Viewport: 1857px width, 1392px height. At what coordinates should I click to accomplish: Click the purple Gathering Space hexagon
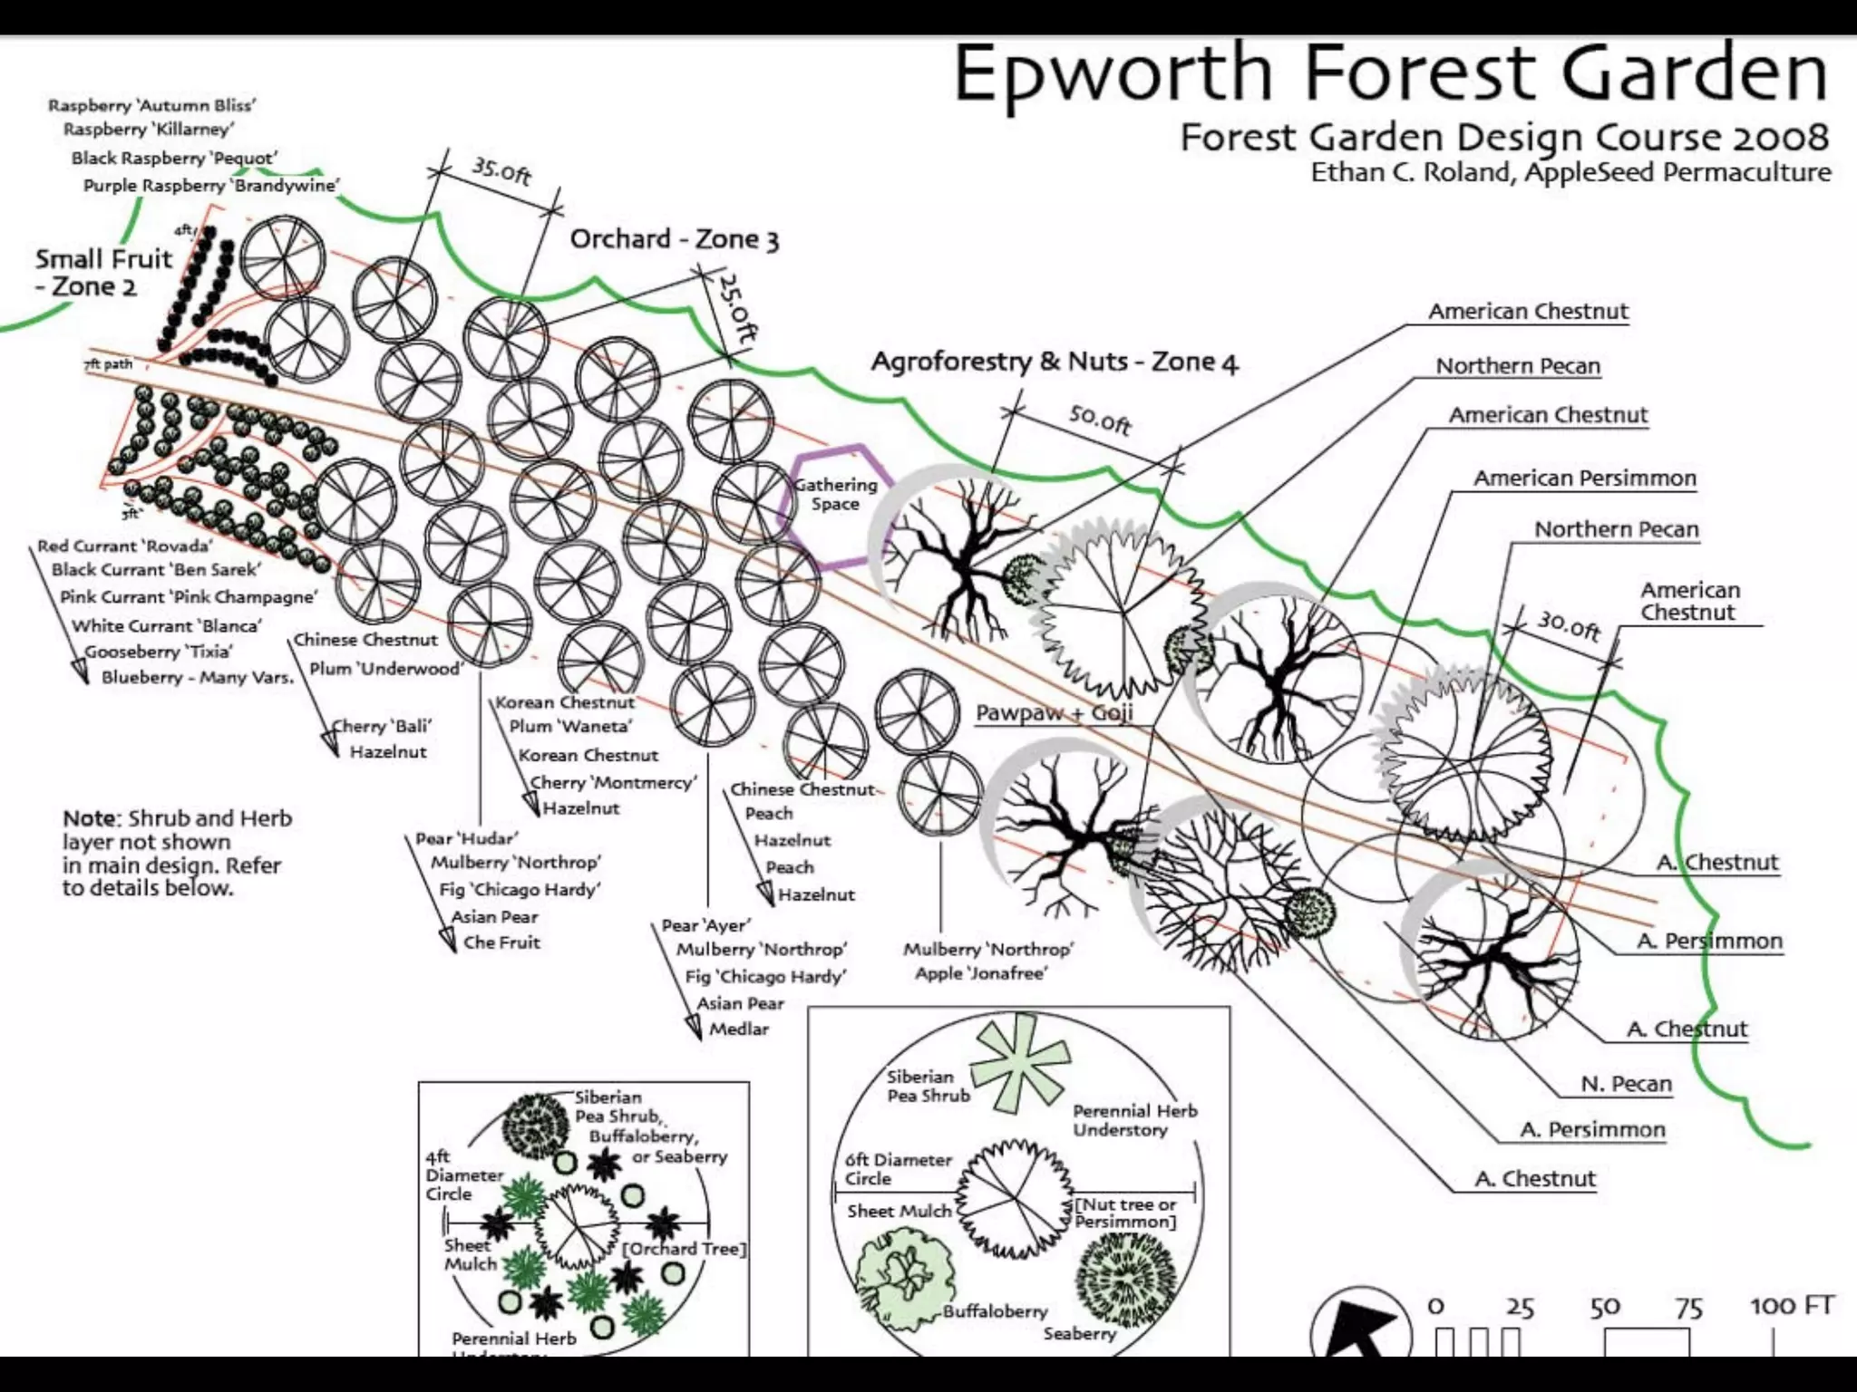coord(835,496)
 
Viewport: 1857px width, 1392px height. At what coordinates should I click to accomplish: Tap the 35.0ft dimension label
coord(501,169)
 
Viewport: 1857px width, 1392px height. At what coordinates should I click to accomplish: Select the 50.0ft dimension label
coord(1100,420)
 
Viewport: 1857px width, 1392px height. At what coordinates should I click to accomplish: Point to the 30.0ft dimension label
coord(1568,624)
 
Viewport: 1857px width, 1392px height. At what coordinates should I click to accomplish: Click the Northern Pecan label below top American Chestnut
coord(1518,366)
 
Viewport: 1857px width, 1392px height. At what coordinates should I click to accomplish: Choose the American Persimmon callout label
coord(1584,478)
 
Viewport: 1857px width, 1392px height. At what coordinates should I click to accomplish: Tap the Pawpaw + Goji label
coord(1054,712)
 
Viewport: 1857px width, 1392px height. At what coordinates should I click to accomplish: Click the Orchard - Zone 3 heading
coord(674,239)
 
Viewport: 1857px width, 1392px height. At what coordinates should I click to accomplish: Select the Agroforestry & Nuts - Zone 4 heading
coord(1054,362)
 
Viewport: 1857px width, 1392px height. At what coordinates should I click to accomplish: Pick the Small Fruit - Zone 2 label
coord(102,272)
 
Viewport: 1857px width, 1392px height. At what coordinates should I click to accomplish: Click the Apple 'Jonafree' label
coord(980,973)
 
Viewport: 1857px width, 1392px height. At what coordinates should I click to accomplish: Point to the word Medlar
coord(739,1029)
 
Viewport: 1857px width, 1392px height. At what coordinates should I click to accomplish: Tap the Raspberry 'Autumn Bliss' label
coord(151,105)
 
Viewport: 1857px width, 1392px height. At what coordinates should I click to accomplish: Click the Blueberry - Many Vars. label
coord(197,677)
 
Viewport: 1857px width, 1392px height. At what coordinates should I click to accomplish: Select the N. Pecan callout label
coord(1626,1084)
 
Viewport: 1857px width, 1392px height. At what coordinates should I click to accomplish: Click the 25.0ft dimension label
coord(736,308)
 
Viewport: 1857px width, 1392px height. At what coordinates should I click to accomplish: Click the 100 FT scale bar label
coord(1792,1306)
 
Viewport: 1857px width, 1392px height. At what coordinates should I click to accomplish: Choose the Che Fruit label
coord(501,942)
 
